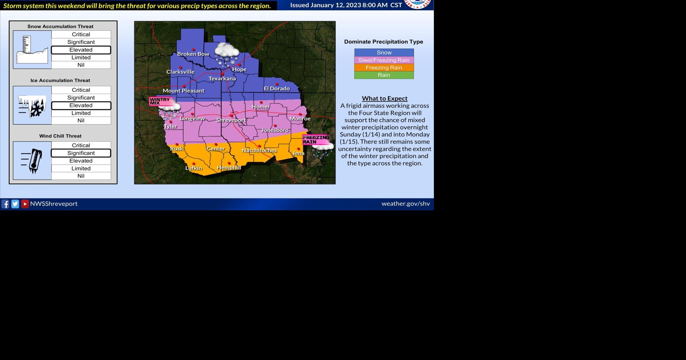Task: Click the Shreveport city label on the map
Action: point(231,120)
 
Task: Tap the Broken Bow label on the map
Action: point(193,54)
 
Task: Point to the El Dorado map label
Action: point(277,89)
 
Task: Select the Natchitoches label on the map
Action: point(259,150)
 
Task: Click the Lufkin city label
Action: point(193,168)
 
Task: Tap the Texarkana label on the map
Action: point(222,79)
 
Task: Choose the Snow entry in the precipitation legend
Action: point(384,52)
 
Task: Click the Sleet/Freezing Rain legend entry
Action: point(384,60)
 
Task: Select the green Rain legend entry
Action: point(384,75)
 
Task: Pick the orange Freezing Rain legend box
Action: point(384,68)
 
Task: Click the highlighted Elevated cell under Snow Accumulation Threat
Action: point(81,50)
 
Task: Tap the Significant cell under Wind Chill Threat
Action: point(81,153)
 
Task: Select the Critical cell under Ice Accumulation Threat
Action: point(81,90)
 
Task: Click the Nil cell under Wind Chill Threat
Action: point(81,176)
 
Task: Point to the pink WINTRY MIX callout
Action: point(160,101)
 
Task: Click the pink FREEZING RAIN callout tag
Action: point(316,140)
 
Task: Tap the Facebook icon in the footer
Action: point(5,204)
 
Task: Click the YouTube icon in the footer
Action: point(25,204)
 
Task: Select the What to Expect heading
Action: point(384,98)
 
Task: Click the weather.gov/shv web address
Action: point(405,203)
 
